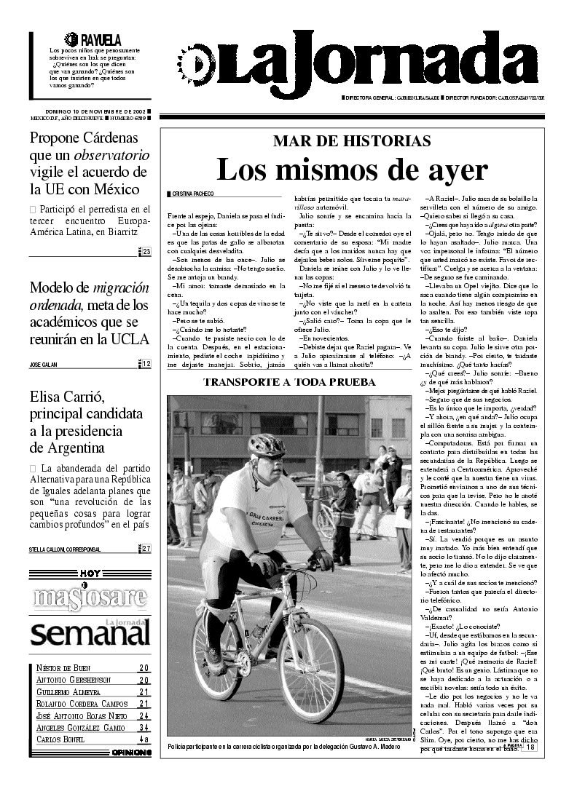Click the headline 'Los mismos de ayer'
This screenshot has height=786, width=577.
click(351, 170)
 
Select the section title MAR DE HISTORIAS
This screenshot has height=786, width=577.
click(351, 141)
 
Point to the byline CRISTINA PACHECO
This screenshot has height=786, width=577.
click(193, 194)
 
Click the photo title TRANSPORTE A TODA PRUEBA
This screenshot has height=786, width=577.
click(289, 381)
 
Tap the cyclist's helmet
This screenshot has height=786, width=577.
click(266, 445)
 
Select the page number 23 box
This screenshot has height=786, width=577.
click(146, 252)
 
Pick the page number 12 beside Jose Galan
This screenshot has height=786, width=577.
click(146, 364)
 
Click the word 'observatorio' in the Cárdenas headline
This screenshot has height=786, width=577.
click(111, 156)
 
